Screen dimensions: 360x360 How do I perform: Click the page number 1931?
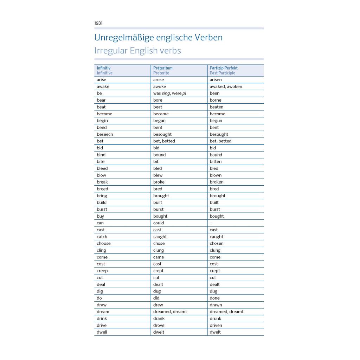[x=98, y=23]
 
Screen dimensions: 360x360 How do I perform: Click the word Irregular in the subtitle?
[x=111, y=51]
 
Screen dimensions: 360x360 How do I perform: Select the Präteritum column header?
[x=163, y=68]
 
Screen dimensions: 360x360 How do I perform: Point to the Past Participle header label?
[x=222, y=73]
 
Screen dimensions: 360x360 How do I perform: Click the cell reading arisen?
[x=216, y=80]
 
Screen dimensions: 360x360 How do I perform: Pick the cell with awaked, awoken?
[x=226, y=86]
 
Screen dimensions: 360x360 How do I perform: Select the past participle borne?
[x=216, y=100]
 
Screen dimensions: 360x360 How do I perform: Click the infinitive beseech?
[x=105, y=134]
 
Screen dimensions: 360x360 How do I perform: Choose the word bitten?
[x=216, y=162]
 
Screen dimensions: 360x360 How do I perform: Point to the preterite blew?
[x=158, y=175]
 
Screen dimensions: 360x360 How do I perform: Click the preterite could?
[x=159, y=223]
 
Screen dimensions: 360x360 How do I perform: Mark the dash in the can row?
[x=211, y=223]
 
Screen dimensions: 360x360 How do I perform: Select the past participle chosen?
[x=217, y=243]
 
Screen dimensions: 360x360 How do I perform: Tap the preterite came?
[x=159, y=257]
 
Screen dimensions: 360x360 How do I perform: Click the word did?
[x=156, y=298]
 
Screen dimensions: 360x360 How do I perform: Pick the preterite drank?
[x=159, y=319]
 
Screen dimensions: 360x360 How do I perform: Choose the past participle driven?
[x=216, y=325]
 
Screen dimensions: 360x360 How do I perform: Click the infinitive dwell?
[x=102, y=332]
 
